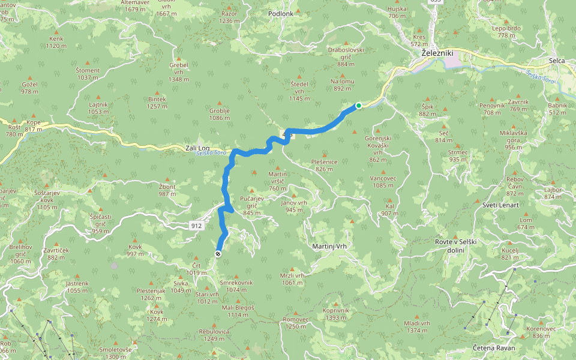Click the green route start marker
(359, 106)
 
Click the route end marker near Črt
(218, 254)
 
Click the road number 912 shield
(196, 226)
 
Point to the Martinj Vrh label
(330, 247)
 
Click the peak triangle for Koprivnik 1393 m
(335, 302)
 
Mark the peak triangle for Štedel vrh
(298, 76)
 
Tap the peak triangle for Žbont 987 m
(167, 178)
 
